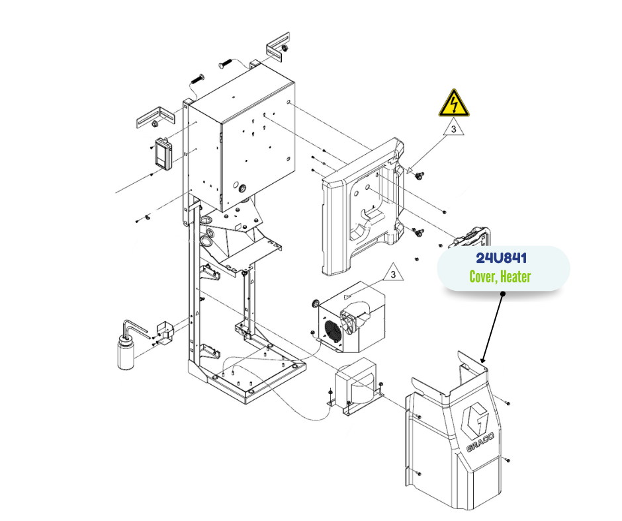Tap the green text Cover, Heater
[501, 276]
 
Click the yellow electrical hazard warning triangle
[453, 104]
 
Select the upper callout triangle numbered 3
[454, 130]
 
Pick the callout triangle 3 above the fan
[393, 273]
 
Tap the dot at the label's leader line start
[502, 293]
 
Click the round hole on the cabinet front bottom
[242, 187]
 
